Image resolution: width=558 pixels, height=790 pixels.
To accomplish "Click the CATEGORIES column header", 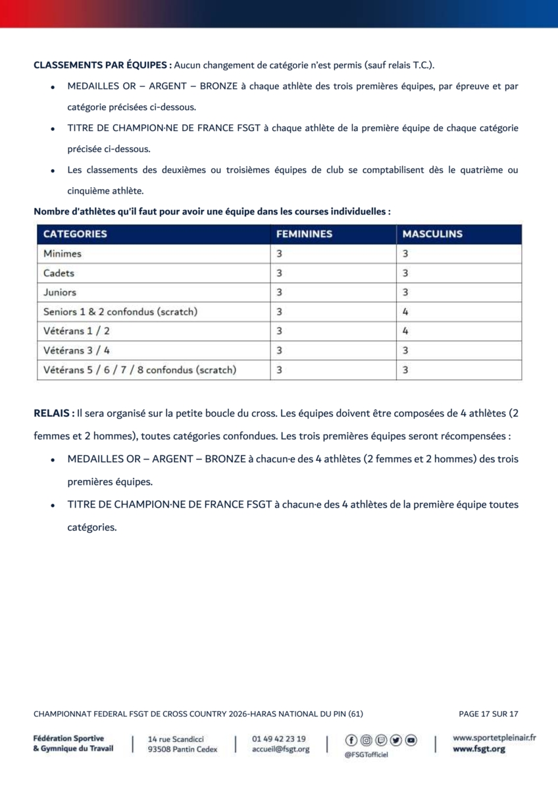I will [75, 234].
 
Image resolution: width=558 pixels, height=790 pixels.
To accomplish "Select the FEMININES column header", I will [304, 234].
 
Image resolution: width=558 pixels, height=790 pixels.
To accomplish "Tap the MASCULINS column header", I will [432, 234].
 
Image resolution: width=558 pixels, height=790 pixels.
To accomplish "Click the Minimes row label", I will [63, 253].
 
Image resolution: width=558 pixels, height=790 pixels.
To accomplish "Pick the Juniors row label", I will [60, 292].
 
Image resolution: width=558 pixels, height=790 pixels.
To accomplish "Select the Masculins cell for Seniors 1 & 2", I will [406, 311].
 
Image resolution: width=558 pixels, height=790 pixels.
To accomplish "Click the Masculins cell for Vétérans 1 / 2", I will [406, 331].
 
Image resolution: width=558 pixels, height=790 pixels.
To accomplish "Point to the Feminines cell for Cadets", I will [280, 273].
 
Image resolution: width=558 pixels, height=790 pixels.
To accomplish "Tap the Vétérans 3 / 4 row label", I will [76, 350].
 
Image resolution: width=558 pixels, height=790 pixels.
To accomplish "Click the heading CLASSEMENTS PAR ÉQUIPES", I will [103, 65].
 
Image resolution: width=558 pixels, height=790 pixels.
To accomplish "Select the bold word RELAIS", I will [53, 414].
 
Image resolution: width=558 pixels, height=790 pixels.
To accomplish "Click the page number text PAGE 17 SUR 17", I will [488, 714].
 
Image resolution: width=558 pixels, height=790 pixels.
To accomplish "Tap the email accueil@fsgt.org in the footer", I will [280, 749].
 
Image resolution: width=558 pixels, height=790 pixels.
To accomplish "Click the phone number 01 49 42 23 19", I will [279, 739].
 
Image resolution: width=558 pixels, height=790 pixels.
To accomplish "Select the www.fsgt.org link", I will [479, 749].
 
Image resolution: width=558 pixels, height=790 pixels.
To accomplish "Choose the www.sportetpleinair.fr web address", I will [494, 738].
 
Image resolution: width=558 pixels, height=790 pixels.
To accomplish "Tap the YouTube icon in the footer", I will [411, 740].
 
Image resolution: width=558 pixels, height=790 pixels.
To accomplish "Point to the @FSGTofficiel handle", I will [366, 754].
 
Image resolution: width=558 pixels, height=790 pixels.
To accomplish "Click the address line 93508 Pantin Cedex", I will [182, 749].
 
